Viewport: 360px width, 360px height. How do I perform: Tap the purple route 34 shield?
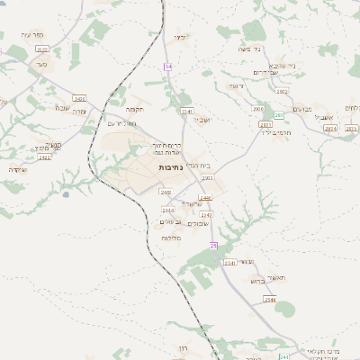coord(167,67)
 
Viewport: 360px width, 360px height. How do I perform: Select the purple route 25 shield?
coord(213,245)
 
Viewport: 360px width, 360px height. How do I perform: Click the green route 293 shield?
coord(279,115)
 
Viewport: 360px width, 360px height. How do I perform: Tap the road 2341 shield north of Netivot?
coord(187,111)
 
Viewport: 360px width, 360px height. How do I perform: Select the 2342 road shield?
coord(205,215)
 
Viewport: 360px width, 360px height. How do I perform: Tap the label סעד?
coord(41,65)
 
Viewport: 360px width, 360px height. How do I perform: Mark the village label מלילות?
coord(172,238)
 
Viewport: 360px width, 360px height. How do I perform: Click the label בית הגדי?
coord(201,165)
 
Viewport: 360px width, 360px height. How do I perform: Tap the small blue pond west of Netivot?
coord(66,193)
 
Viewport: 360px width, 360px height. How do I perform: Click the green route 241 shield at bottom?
coord(283,356)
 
